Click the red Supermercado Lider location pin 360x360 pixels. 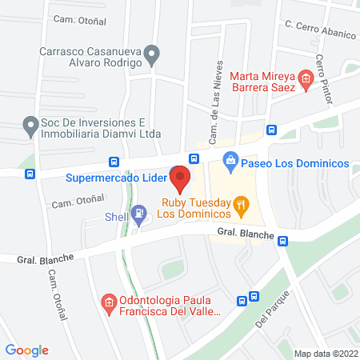point(181,179)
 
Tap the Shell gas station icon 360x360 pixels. point(140,214)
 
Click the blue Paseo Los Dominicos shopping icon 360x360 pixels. point(230,162)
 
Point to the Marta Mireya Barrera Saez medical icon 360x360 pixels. point(305,78)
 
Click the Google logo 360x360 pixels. point(27,350)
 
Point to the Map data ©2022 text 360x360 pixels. point(325,353)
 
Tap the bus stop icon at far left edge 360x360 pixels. point(30,174)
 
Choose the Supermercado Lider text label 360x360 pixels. point(117,177)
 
